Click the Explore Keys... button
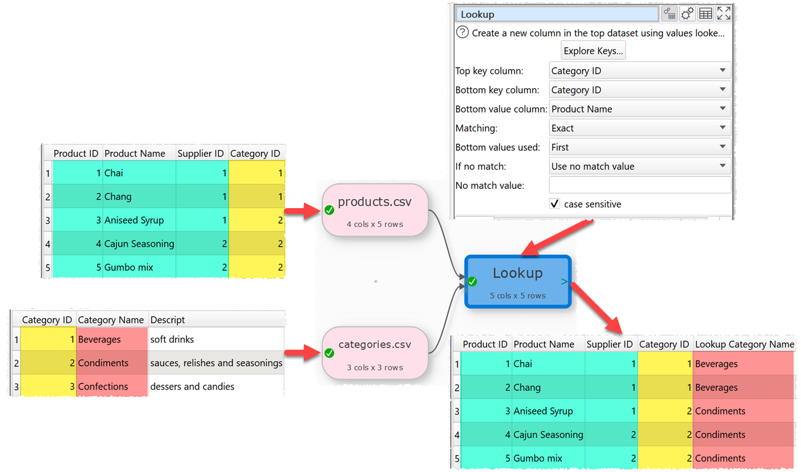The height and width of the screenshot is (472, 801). click(x=594, y=51)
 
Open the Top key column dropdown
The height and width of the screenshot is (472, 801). click(x=640, y=71)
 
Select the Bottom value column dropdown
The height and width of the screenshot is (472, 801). click(x=640, y=109)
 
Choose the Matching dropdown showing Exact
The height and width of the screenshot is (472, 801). click(x=640, y=128)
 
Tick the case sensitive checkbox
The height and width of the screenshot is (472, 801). click(x=555, y=204)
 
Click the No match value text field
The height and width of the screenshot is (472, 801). click(x=640, y=185)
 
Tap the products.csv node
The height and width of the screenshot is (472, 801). click(x=375, y=210)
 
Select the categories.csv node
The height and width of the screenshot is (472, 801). click(x=375, y=353)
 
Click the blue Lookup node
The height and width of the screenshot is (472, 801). click(x=518, y=281)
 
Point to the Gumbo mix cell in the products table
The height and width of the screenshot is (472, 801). click(x=129, y=267)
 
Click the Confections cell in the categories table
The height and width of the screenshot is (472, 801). click(x=103, y=387)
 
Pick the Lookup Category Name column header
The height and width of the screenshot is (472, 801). click(x=744, y=344)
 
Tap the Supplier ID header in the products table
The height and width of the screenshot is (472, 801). click(x=201, y=154)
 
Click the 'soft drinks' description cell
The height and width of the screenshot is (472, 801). click(x=172, y=339)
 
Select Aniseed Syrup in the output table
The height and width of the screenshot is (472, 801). click(x=543, y=411)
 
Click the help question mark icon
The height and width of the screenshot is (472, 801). click(x=462, y=32)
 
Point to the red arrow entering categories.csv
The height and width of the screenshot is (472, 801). click(x=300, y=353)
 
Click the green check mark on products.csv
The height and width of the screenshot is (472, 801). click(x=329, y=210)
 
